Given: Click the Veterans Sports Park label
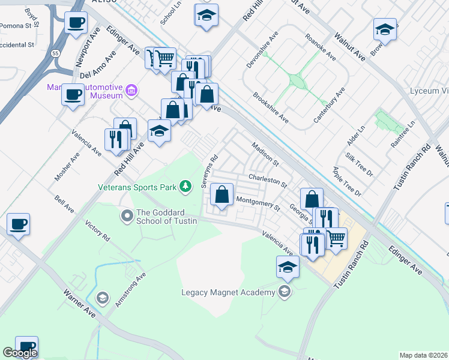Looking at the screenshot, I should [137, 187].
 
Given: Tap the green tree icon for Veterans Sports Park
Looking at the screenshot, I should [186, 187].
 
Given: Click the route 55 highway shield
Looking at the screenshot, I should [55, 53].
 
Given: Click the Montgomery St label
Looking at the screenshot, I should [258, 203].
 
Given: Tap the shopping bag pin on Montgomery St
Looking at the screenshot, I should [222, 194].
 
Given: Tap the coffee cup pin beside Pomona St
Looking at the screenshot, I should [76, 24].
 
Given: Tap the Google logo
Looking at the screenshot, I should [19, 353].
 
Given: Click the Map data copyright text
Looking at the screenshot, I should [423, 355].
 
